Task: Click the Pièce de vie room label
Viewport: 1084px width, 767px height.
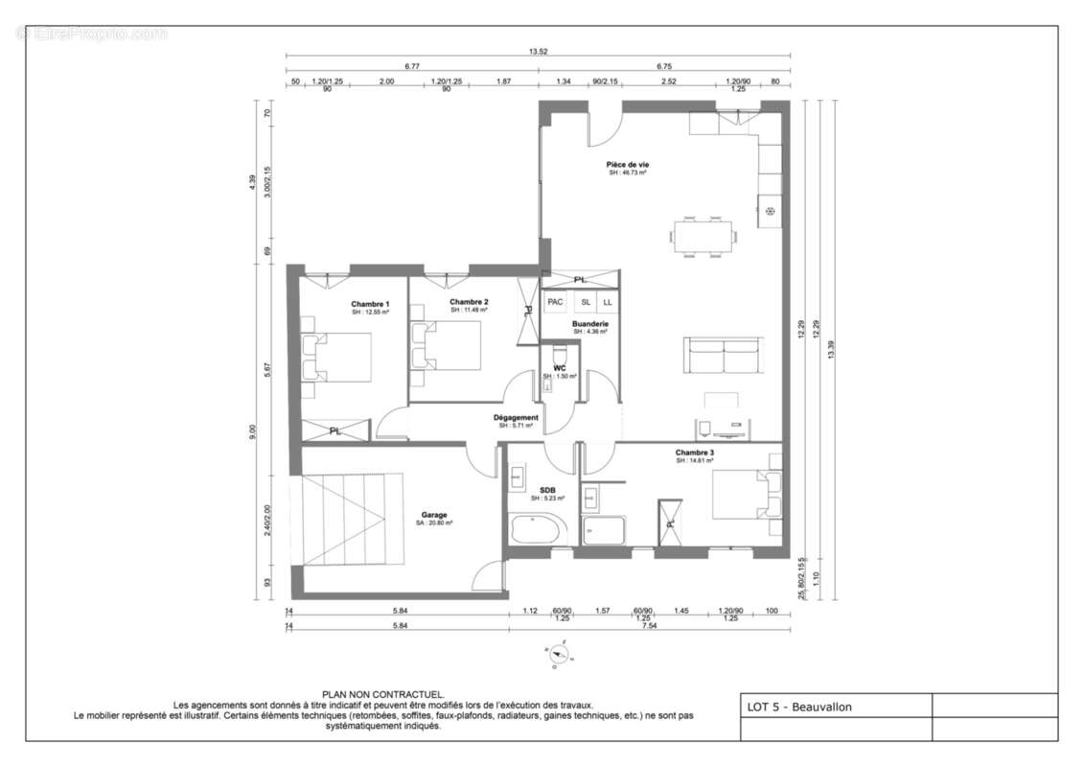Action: click(627, 165)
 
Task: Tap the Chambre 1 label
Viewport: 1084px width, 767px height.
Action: click(369, 304)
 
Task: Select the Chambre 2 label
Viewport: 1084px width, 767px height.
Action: click(469, 302)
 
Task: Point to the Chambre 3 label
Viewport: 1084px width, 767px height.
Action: click(695, 453)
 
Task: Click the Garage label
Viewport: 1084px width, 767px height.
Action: click(434, 515)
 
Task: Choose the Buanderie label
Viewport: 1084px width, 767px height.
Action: click(590, 324)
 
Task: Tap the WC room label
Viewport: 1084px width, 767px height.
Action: click(560, 368)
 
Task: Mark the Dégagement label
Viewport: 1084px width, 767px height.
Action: click(516, 418)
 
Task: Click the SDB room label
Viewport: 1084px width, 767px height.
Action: click(547, 491)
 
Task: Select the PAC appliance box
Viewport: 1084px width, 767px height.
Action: click(555, 302)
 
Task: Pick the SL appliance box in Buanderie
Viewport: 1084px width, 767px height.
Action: click(586, 302)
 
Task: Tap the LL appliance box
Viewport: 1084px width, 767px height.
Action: click(608, 302)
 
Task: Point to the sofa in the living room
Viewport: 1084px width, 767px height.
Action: click(724, 357)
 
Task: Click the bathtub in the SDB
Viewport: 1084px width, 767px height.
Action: click(538, 529)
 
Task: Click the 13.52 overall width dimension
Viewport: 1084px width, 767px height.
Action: click(538, 52)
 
